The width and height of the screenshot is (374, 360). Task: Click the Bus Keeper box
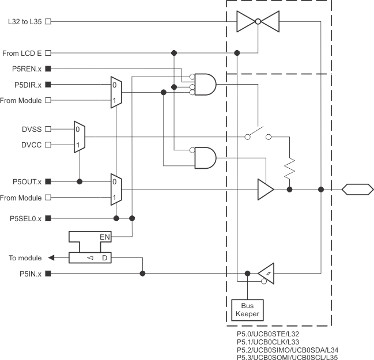pyautogui.click(x=247, y=310)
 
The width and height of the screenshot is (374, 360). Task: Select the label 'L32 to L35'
pyautogui.click(x=25, y=21)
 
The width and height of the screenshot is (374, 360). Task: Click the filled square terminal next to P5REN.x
pyautogui.click(x=48, y=69)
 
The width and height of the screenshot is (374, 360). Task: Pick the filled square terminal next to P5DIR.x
pyautogui.click(x=48, y=85)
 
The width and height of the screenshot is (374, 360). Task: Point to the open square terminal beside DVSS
pyautogui.click(x=48, y=129)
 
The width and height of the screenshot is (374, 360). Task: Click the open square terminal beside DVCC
pyautogui.click(x=48, y=145)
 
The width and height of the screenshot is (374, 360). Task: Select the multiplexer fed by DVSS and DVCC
pyautogui.click(x=79, y=137)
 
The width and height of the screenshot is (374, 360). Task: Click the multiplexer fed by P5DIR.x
pyautogui.click(x=116, y=92)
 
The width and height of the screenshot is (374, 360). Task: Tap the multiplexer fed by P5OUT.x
pyautogui.click(x=116, y=189)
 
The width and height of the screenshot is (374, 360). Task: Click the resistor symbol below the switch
pyautogui.click(x=289, y=169)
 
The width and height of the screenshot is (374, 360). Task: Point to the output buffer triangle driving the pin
pyautogui.click(x=265, y=189)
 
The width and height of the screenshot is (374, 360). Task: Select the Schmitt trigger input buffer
pyautogui.click(x=266, y=273)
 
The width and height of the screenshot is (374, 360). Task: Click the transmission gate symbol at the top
pyautogui.click(x=258, y=21)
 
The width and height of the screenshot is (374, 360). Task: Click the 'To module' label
pyautogui.click(x=25, y=258)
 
